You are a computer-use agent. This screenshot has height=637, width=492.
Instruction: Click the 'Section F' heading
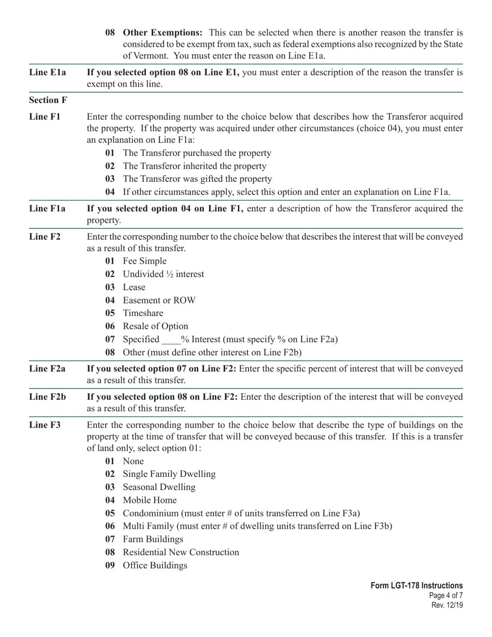coord(48,100)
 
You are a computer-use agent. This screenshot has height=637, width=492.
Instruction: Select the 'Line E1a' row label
coord(48,73)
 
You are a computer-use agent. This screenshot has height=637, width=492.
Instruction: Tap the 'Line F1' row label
coord(45,117)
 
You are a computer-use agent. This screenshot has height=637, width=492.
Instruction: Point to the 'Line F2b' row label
coord(48,397)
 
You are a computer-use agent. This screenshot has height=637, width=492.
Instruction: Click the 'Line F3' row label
coord(45,425)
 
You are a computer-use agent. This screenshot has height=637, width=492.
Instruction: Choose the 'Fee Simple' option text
coord(144,261)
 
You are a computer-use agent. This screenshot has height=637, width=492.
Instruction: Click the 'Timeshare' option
coord(143,313)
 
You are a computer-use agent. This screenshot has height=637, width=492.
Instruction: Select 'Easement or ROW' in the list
coord(159,300)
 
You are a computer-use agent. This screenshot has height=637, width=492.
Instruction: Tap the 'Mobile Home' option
coord(150,500)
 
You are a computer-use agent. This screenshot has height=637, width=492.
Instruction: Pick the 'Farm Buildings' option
coord(153,539)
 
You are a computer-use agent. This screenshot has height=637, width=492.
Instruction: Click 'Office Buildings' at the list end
coord(155,566)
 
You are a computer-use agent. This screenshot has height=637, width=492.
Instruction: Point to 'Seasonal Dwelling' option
coord(159,487)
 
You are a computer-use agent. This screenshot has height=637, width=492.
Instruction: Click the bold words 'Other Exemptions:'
coord(163,33)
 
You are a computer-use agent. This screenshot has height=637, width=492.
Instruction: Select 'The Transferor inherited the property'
coord(195,166)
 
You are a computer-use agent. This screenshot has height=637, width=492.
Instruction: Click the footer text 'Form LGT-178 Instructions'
coord(416,586)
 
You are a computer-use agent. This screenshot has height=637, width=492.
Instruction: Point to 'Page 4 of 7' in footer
coord(445,596)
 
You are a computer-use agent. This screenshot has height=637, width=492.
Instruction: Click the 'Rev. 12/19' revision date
coord(447,605)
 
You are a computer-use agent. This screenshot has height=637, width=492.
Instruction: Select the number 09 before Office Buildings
coord(110,566)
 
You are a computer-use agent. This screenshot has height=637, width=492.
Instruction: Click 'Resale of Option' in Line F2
coord(155,326)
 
